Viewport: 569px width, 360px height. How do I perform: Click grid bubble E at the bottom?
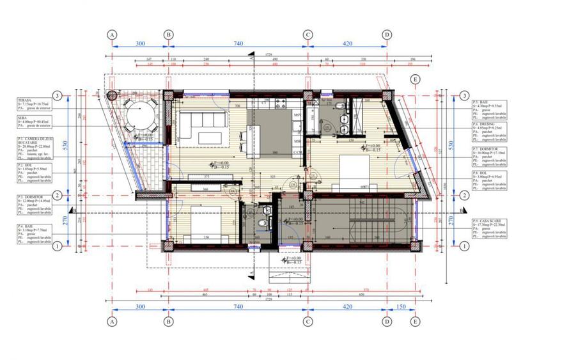416,321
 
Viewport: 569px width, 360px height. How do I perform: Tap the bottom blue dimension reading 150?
401,307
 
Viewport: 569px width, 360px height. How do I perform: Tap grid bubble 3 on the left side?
58,96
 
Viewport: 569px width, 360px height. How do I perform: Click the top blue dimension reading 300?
140,43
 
